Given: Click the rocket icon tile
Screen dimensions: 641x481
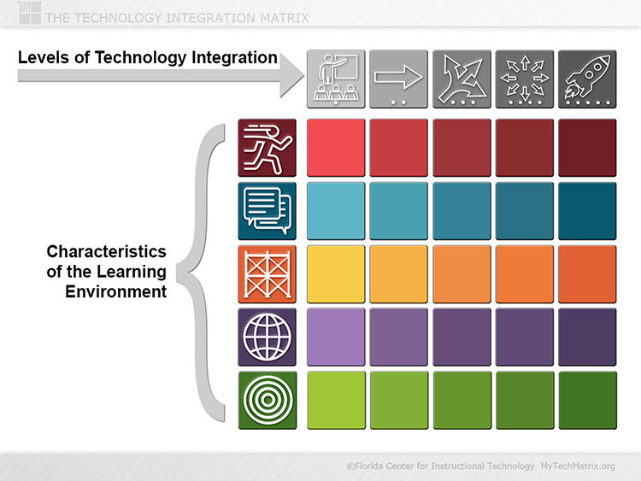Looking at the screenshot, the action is (587, 79).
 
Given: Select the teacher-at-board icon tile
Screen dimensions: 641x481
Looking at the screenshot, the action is (336, 79).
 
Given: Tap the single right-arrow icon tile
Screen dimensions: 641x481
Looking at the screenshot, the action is (398, 79).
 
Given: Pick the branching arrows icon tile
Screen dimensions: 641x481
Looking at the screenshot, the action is (462, 79).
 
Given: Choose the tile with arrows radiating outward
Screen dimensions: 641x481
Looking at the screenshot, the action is (525, 79).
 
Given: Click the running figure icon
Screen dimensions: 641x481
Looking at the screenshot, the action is (267, 148).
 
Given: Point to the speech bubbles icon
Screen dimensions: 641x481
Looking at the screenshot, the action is (267, 211).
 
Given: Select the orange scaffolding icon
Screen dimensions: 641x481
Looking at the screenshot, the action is (267, 273).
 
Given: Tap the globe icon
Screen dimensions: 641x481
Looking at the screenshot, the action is (267, 337).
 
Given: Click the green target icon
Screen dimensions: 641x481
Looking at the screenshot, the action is (267, 400).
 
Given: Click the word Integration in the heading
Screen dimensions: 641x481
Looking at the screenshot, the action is (235, 58).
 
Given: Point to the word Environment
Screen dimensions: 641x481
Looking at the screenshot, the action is (115, 292).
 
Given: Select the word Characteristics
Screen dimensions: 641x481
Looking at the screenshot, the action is (106, 251).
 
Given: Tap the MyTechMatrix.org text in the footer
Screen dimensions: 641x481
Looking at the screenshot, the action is (578, 466).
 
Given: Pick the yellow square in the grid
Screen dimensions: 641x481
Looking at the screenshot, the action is (336, 273).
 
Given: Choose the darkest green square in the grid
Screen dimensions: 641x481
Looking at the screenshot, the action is (587, 400).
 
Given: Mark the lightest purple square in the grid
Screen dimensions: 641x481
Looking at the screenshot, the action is (336, 337).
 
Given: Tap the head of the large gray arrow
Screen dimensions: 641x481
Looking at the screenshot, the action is (291, 75).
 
